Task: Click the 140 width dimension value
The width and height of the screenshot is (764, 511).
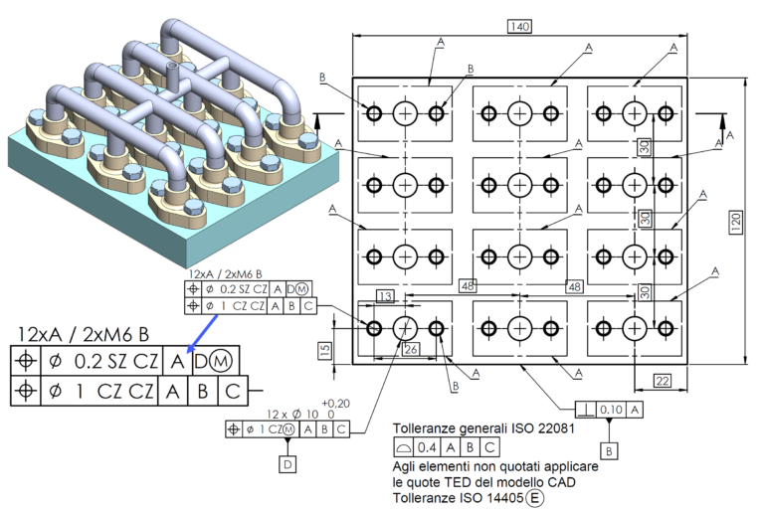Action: point(518,26)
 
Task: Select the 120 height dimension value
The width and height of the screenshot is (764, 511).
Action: point(736,222)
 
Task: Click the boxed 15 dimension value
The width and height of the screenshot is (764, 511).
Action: point(325,351)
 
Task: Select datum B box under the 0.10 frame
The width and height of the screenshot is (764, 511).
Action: point(608,448)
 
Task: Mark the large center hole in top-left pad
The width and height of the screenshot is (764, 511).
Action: point(405,113)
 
